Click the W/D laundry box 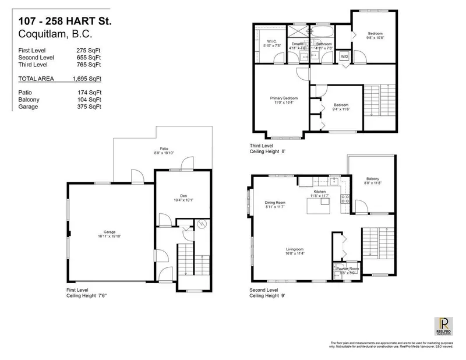pos(344,57)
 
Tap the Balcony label pos(373,181)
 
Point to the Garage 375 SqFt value pos(90,107)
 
